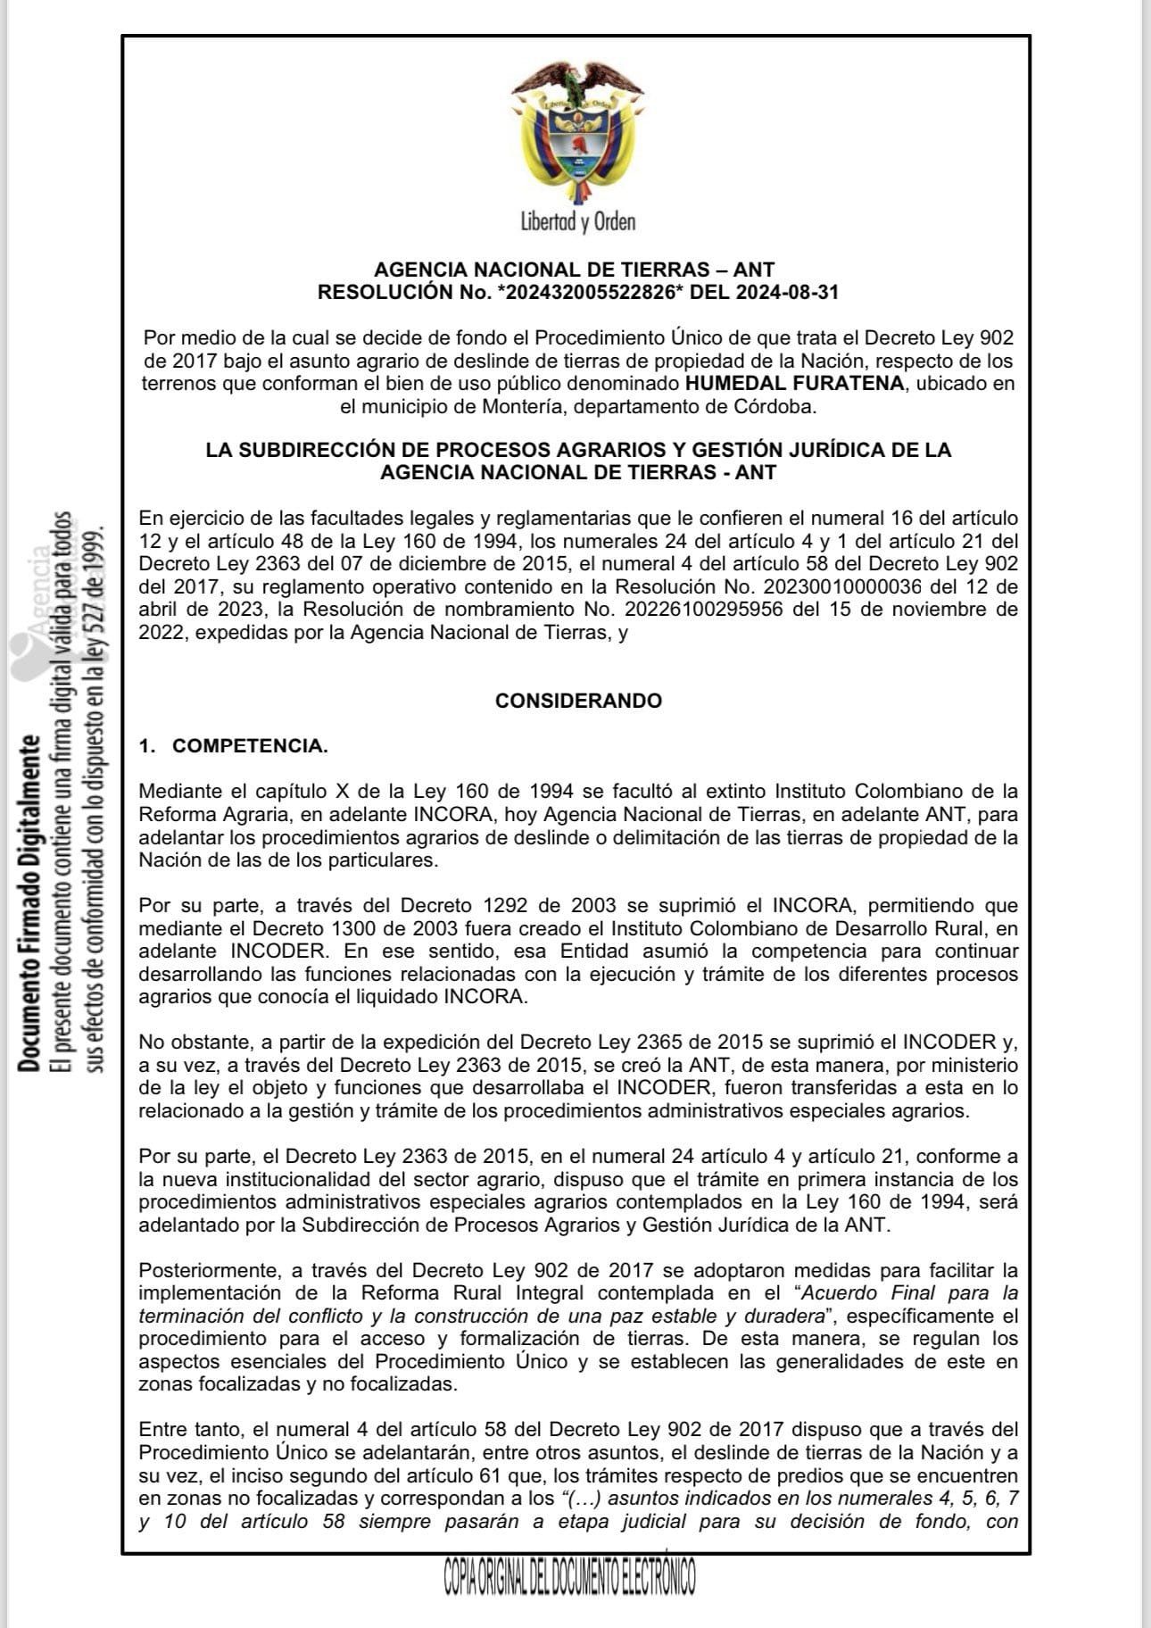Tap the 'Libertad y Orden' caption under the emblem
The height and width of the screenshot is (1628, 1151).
click(578, 221)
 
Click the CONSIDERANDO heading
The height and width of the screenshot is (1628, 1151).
click(578, 701)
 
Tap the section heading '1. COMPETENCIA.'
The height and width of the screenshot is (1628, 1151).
click(234, 746)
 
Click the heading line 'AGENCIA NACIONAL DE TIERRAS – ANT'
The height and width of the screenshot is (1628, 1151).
click(574, 269)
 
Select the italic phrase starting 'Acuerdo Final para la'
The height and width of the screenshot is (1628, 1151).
click(908, 1292)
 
